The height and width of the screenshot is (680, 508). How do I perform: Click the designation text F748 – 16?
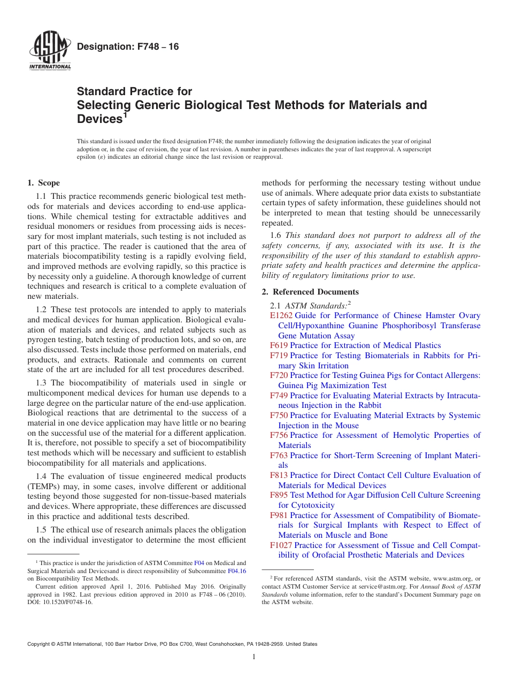[x=128, y=47]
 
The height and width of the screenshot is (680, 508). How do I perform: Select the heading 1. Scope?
[x=43, y=183]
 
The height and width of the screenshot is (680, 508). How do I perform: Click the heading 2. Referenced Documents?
[x=310, y=292]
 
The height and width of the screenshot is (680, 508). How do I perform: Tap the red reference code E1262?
[x=281, y=315]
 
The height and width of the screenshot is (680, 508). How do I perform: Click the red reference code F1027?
[x=281, y=545]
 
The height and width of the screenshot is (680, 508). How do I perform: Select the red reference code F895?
[x=279, y=495]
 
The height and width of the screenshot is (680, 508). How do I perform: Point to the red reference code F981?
[x=279, y=515]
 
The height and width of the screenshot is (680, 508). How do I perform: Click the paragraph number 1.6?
[x=276, y=235]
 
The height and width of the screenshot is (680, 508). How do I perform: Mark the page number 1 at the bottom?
[x=254, y=657]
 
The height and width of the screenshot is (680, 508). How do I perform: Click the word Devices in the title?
[x=99, y=119]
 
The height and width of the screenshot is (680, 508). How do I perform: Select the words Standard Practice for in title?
[x=134, y=91]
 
